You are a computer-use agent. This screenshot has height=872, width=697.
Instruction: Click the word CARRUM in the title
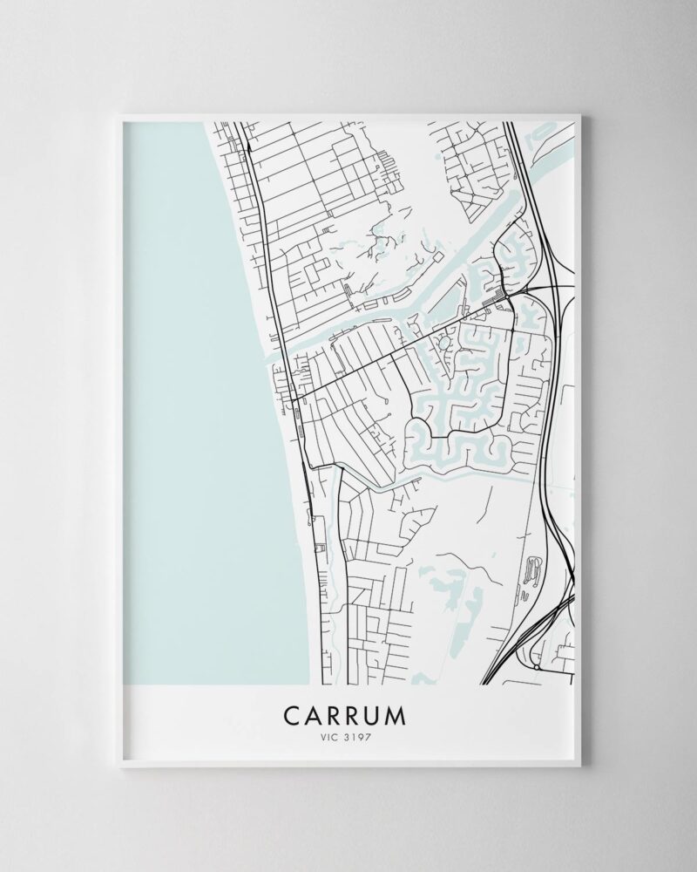click(344, 715)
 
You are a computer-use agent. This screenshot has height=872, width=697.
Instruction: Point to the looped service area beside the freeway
click(533, 571)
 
